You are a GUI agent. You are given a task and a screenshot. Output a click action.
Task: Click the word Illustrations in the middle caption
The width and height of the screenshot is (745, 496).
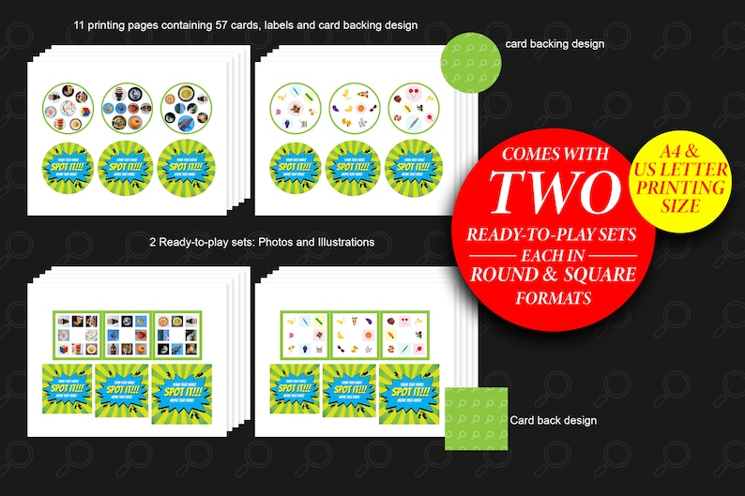[340, 242]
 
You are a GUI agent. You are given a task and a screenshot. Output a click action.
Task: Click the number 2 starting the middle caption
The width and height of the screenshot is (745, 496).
[152, 242]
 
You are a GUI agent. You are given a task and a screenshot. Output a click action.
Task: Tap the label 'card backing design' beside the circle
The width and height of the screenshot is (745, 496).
[555, 43]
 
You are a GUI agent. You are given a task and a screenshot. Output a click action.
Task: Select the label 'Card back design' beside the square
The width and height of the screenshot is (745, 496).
[553, 420]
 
